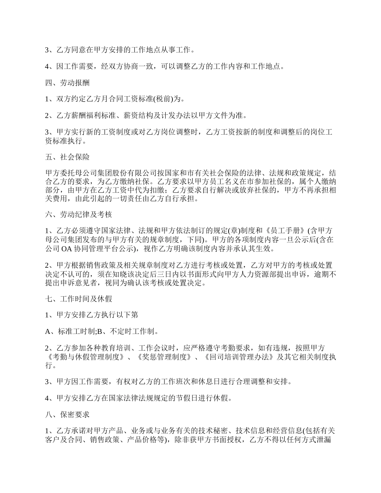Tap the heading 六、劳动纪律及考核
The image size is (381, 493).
[x=78, y=214]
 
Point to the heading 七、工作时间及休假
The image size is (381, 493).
[x=78, y=299]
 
